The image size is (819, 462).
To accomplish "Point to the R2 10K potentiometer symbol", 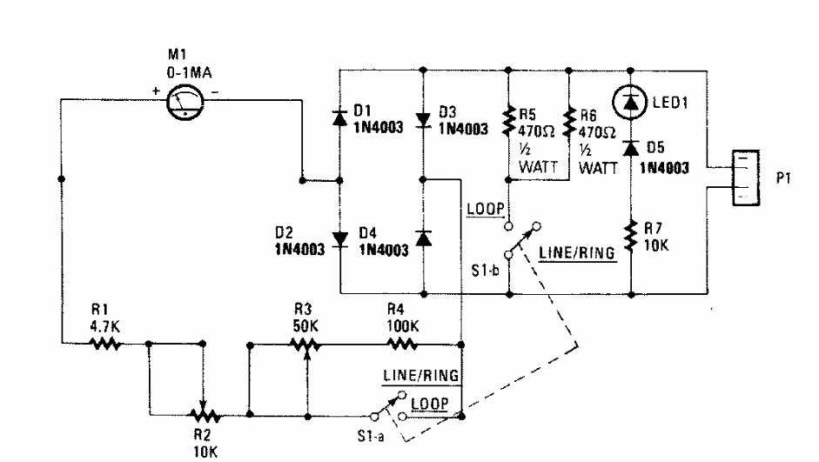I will coord(203,414).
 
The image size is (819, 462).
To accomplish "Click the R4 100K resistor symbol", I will coord(402,344).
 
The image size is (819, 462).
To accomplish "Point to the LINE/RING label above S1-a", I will coord(420,375).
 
